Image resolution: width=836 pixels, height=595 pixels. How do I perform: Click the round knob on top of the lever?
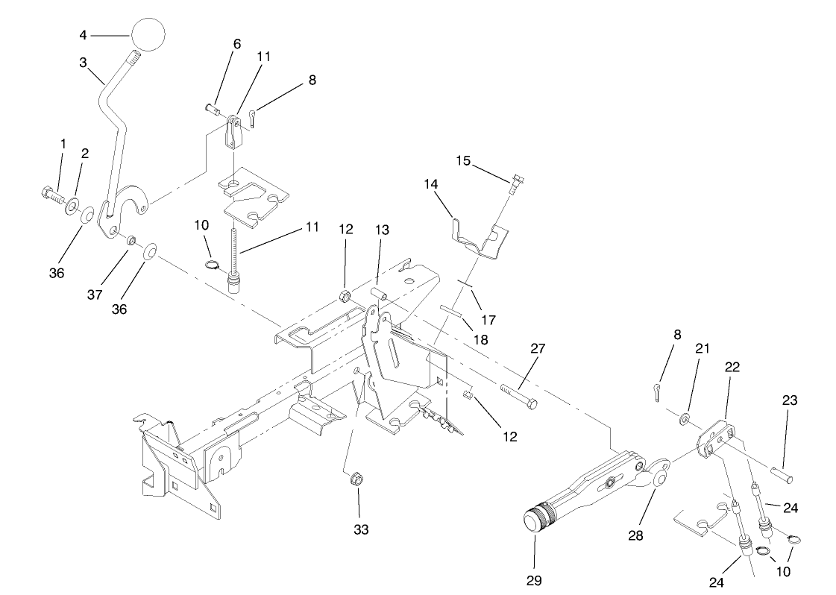click(x=148, y=35)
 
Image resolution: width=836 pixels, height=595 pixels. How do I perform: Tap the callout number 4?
click(x=84, y=34)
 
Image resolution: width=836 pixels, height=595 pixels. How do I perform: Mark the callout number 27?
click(x=538, y=348)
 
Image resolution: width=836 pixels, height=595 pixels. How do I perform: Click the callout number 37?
click(x=95, y=295)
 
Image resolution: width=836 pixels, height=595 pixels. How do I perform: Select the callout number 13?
click(x=382, y=231)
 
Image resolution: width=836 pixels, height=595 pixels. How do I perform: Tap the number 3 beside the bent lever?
click(x=84, y=63)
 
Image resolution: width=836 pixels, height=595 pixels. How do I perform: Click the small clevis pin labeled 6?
click(x=212, y=110)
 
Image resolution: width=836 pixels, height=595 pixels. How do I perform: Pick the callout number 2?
click(x=85, y=153)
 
